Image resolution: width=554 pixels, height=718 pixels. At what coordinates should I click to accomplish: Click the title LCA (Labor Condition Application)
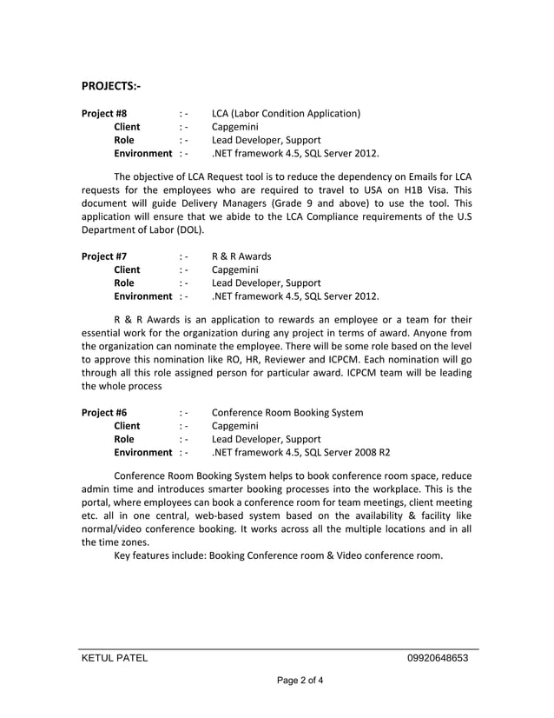click(x=286, y=113)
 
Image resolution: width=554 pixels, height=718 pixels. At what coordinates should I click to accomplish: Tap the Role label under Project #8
click(x=124, y=140)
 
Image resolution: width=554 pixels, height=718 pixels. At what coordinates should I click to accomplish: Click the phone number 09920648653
click(x=437, y=658)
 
